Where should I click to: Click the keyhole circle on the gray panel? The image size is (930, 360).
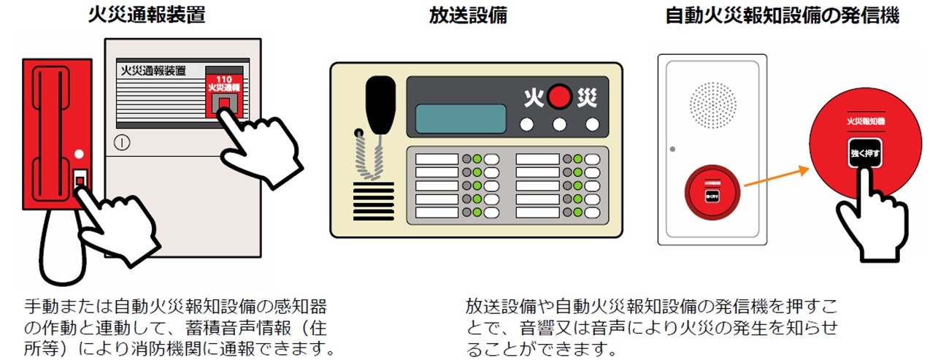tap(122, 142)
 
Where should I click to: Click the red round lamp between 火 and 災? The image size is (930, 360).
tap(560, 96)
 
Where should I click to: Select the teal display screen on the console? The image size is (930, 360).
tap(461, 118)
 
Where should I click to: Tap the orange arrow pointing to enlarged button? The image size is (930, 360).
tap(778, 180)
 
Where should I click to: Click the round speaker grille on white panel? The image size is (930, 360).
tap(712, 102)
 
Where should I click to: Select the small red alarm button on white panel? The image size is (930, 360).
tap(712, 194)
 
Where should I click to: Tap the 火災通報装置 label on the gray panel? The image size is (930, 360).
tap(151, 71)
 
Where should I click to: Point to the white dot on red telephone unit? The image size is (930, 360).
tap(79, 155)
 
